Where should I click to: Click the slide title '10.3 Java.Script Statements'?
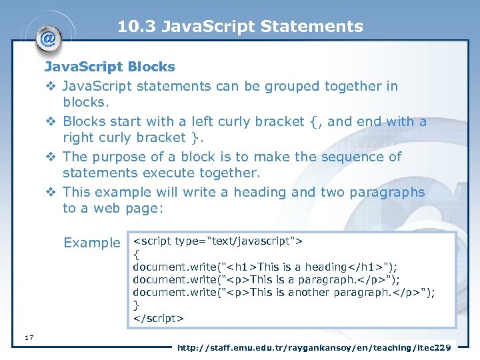point(240,27)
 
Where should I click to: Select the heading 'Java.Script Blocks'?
point(109,67)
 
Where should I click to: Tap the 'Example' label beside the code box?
point(91,243)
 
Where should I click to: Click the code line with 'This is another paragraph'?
point(283,292)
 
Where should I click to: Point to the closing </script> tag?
point(158,318)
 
